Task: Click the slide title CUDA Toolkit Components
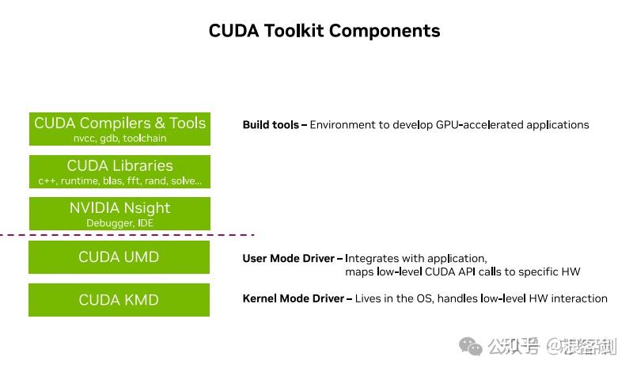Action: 324,31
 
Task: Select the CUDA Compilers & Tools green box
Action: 119,129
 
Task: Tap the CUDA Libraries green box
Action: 119,171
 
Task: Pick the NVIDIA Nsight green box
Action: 119,214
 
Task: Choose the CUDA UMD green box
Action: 119,257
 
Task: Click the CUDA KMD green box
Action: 119,300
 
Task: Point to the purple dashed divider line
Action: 127,235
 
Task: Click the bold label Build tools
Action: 271,125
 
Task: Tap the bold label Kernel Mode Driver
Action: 293,298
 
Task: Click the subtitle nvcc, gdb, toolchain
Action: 120,139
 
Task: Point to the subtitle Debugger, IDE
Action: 120,223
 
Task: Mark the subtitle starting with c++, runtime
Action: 120,181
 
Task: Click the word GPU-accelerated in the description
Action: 474,125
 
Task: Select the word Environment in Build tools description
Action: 347,125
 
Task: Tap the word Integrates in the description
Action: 374,259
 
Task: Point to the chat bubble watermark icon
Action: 472,346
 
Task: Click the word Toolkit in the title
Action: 292,31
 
